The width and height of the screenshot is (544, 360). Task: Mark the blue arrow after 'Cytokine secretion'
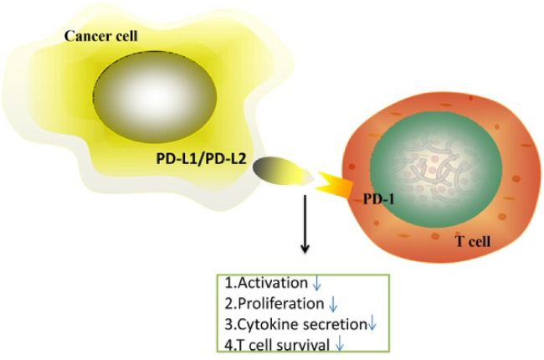(373, 324)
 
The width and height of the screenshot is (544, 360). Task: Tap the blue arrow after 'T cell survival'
(339, 343)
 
